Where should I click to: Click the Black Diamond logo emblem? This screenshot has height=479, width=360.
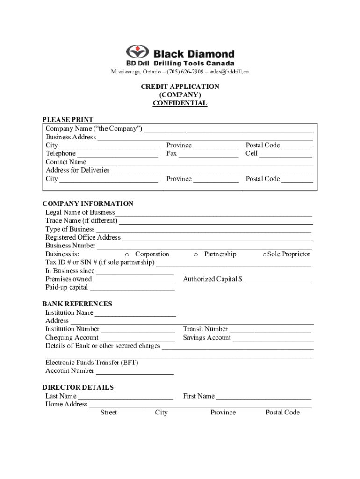tap(137, 52)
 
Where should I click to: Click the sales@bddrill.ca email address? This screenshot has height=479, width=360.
tap(229, 72)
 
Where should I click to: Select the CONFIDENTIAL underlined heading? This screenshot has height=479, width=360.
tap(180, 103)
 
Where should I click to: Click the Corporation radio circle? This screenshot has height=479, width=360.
tap(127, 254)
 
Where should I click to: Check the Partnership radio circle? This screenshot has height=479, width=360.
tap(196, 254)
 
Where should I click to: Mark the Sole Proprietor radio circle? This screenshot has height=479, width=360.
tap(264, 254)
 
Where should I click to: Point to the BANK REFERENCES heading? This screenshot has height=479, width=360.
tap(77, 304)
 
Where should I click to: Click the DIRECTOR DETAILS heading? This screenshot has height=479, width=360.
tap(78, 387)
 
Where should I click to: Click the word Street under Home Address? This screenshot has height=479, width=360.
tap(108, 413)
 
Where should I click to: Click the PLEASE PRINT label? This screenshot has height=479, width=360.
tap(68, 120)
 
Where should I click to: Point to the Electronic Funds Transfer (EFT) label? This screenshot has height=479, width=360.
tap(92, 363)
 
